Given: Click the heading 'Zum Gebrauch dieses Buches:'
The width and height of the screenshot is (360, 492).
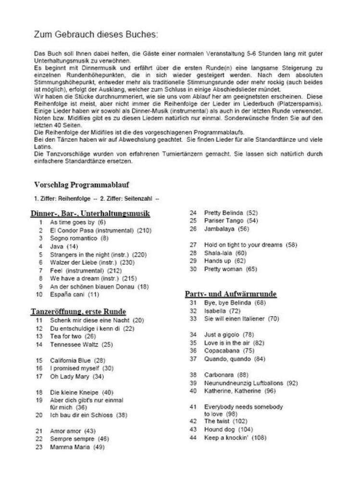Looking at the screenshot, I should click(96, 35).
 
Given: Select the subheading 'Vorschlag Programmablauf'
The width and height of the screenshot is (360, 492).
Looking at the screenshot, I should click(82, 184).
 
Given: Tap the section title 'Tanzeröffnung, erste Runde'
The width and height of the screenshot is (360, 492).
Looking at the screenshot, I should click(78, 311).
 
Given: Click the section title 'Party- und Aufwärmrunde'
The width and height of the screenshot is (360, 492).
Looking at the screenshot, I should click(231, 294).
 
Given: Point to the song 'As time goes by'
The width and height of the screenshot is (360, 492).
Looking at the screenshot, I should click(72, 222).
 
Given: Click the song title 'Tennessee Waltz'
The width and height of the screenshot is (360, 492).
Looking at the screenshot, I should click(74, 344).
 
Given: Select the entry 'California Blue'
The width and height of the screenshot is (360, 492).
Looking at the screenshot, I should click(71, 360).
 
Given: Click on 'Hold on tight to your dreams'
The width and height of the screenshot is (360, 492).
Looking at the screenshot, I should click(243, 245).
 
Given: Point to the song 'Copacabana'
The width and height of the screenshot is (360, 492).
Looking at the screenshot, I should click(222, 351).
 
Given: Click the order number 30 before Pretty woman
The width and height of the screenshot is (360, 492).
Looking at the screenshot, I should click(193, 269).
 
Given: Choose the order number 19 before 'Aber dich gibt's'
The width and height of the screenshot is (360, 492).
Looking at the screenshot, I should click(39, 400).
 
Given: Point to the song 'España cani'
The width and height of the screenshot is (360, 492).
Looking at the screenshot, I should click(68, 294).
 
